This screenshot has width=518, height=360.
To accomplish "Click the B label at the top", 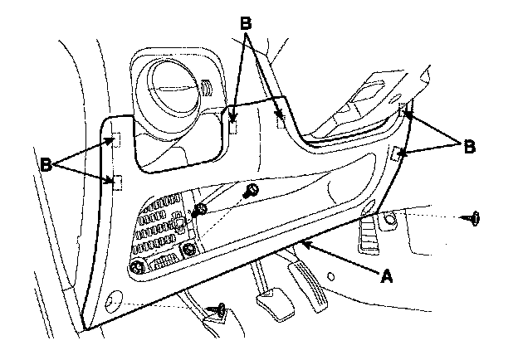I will click(x=245, y=23).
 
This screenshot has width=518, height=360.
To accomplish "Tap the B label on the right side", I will click(x=469, y=146).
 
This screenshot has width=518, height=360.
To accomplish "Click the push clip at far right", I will click(x=476, y=219).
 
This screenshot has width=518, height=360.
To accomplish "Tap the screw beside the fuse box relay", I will click(x=200, y=210).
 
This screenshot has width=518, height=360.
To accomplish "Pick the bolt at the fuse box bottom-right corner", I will click(x=190, y=250).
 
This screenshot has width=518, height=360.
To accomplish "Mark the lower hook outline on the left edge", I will click(x=117, y=182).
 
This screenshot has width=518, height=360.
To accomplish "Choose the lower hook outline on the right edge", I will click(x=398, y=153).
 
